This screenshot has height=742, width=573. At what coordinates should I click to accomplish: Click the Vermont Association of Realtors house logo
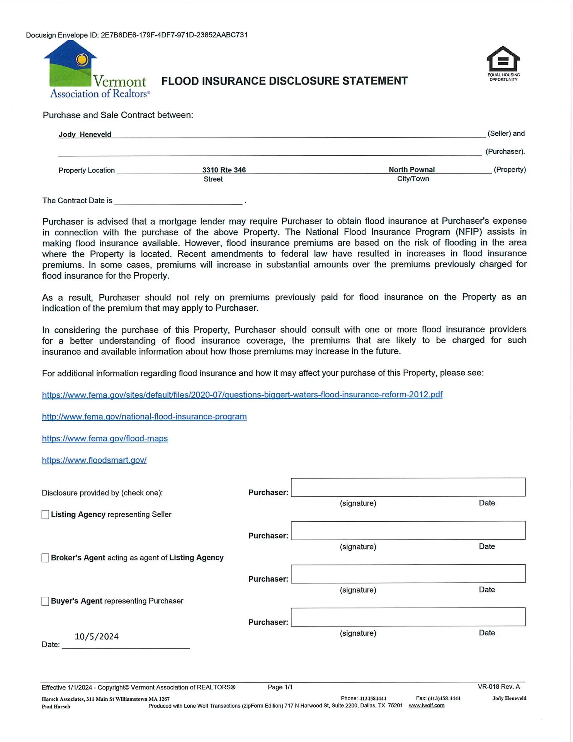tap(70, 64)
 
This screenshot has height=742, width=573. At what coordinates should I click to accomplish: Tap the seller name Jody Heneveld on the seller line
tap(85, 134)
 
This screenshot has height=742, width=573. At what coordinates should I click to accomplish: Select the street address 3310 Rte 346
tap(224, 170)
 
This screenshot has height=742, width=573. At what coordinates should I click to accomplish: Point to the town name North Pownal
tap(412, 170)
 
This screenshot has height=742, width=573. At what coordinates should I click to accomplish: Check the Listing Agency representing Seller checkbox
tap(46, 515)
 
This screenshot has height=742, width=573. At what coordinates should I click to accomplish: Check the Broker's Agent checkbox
tap(46, 558)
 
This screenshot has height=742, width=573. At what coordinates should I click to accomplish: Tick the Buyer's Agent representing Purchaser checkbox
tap(46, 601)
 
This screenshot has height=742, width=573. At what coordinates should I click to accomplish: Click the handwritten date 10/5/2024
tap(97, 636)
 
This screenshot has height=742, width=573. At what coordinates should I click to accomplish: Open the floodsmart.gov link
tap(94, 460)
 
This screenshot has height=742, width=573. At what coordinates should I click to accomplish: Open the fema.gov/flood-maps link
tap(105, 439)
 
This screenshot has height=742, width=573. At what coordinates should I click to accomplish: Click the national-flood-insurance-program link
tap(144, 417)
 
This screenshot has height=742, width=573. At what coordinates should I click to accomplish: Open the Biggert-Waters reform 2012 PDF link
tap(242, 395)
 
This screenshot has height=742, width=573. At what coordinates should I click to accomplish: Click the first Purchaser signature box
tap(408, 487)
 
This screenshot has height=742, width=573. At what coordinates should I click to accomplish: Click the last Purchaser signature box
tap(408, 617)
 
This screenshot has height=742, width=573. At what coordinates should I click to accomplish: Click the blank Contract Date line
tap(179, 201)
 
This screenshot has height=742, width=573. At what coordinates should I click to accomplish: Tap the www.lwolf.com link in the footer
tap(427, 706)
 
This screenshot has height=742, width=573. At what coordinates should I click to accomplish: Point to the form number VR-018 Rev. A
tap(499, 687)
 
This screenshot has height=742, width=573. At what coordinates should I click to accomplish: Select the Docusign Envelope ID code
tap(174, 35)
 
